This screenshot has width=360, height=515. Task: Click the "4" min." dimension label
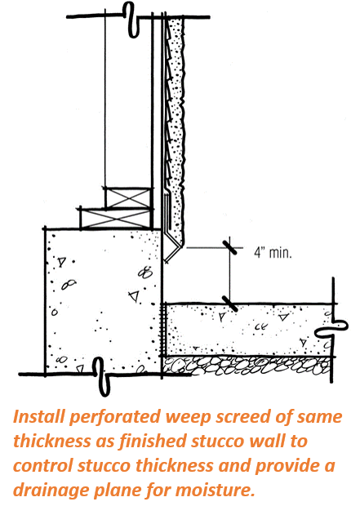[x=273, y=253]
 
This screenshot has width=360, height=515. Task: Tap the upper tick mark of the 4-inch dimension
[x=230, y=247]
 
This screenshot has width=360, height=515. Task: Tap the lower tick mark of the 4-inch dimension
[x=230, y=304]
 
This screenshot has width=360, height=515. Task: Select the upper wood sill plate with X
[x=128, y=198]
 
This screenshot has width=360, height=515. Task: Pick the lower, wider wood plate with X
[x=116, y=219]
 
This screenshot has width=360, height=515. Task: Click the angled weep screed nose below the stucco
[x=172, y=253]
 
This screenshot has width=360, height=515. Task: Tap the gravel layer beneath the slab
[x=247, y=366]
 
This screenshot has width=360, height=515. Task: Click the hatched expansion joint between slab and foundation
[x=162, y=330]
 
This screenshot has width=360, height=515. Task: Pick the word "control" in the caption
[x=43, y=465]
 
